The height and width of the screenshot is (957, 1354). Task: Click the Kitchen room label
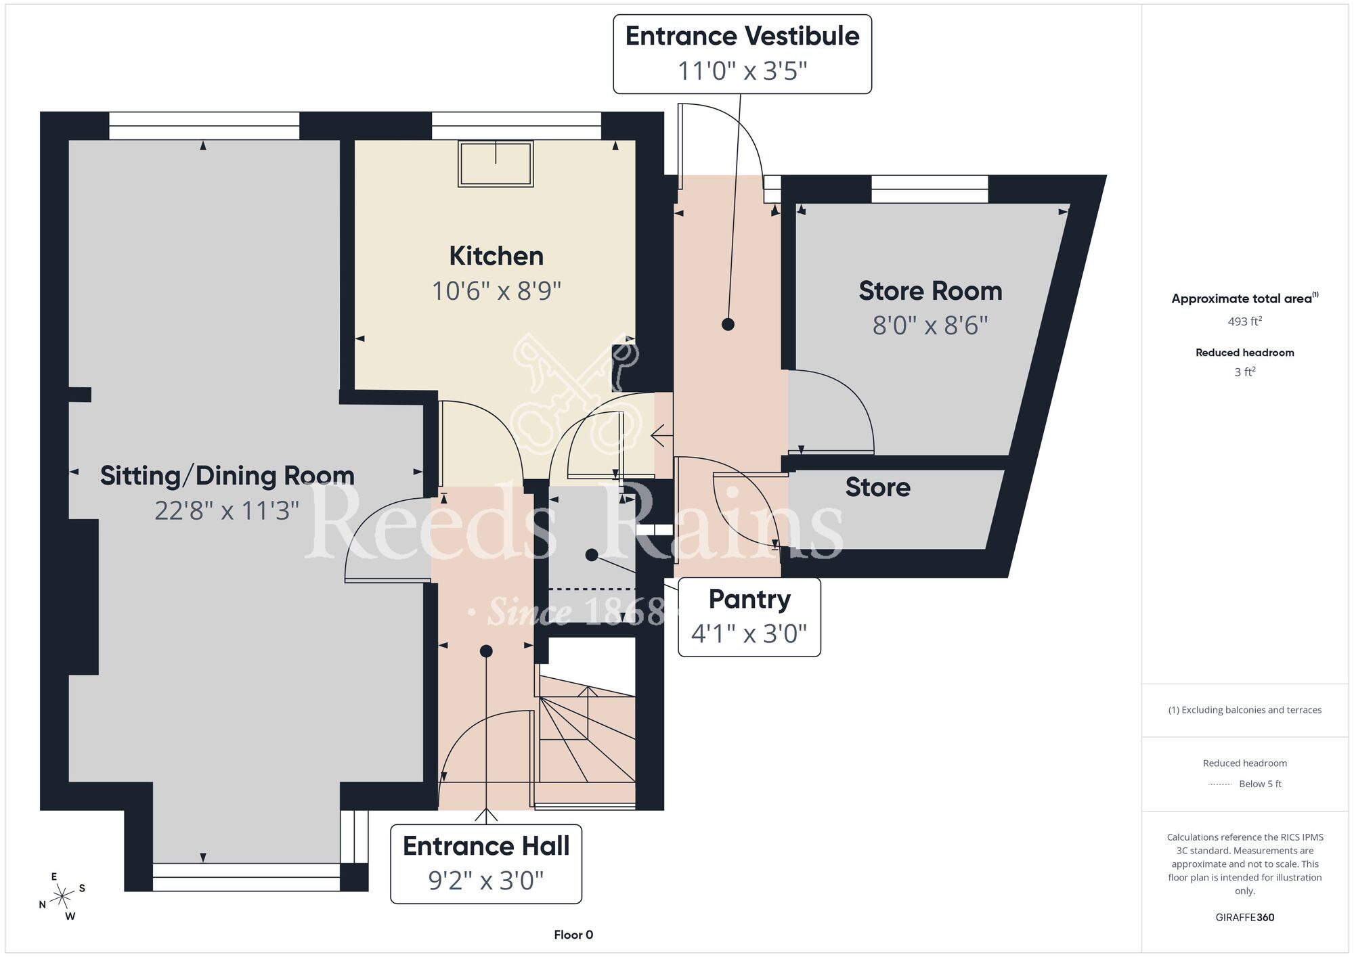pyautogui.click(x=496, y=257)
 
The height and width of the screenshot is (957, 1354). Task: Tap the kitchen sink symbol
pyautogui.click(x=496, y=163)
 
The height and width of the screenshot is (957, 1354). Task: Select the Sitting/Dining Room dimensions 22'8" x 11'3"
pyautogui.click(x=227, y=510)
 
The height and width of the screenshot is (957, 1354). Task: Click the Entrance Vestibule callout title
pyautogui.click(x=742, y=36)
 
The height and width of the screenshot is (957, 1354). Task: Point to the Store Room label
pyautogui.click(x=930, y=291)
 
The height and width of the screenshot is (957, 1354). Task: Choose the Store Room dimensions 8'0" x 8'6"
pyautogui.click(x=930, y=326)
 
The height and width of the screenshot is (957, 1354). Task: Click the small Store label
pyautogui.click(x=877, y=487)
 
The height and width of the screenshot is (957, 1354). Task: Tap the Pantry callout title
pyautogui.click(x=749, y=600)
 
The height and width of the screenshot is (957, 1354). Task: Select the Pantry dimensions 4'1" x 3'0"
pyautogui.click(x=749, y=633)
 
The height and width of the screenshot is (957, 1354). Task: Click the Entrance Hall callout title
pyautogui.click(x=486, y=846)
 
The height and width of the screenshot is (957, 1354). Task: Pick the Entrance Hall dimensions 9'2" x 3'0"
pyautogui.click(x=486, y=881)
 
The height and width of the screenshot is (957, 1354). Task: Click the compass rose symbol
pyautogui.click(x=62, y=897)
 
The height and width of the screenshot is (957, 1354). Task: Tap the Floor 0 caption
pyautogui.click(x=573, y=935)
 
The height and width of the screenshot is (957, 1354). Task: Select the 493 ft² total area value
pyautogui.click(x=1245, y=321)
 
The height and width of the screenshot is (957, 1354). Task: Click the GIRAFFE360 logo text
pyautogui.click(x=1245, y=918)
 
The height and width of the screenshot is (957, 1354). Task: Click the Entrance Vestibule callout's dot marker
pyautogui.click(x=728, y=324)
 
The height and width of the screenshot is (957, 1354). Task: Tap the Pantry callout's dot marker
pyautogui.click(x=591, y=555)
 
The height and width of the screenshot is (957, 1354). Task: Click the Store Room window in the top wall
pyautogui.click(x=930, y=189)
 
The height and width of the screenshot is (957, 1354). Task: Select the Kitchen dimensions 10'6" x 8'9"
pyautogui.click(x=496, y=291)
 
